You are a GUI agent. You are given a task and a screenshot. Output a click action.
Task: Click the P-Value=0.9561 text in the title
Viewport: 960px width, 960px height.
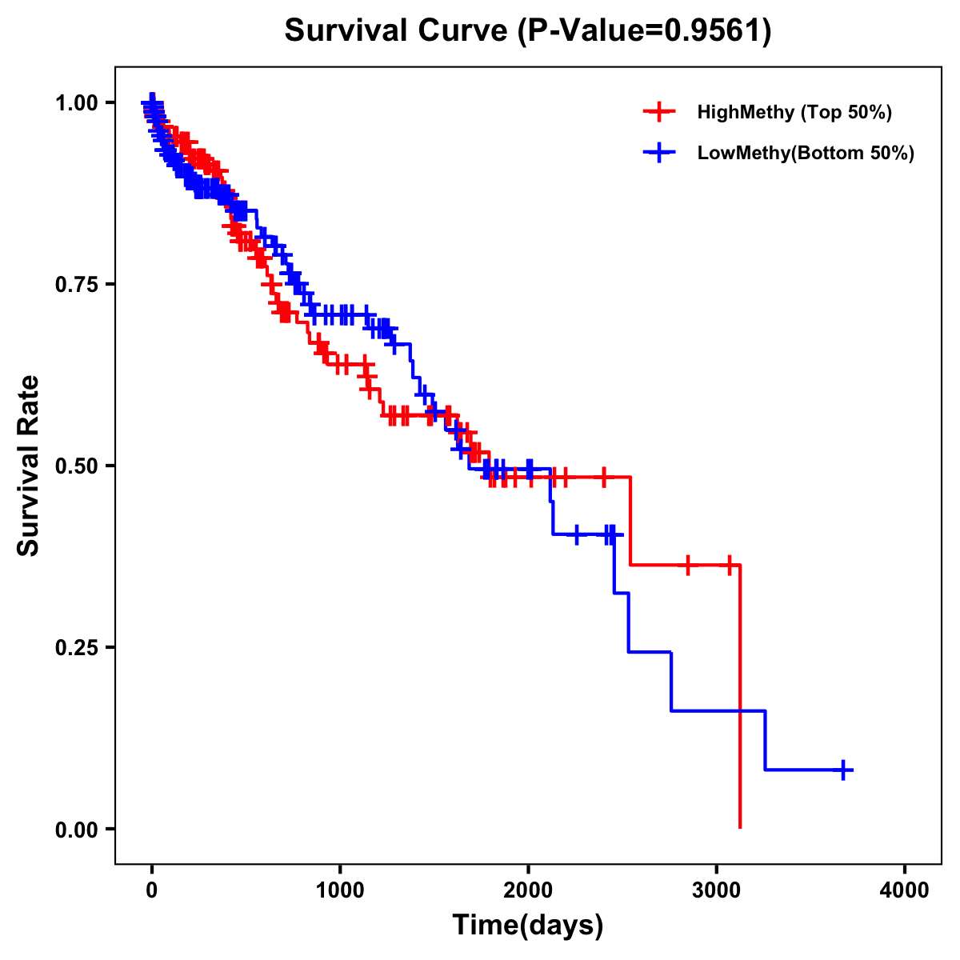tap(645, 32)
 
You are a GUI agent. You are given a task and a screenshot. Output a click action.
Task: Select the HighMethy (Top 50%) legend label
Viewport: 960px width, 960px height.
tap(794, 112)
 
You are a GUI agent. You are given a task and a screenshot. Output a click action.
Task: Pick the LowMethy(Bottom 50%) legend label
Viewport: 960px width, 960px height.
tap(806, 154)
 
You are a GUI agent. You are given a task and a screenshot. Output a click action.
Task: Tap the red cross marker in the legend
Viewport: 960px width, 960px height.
tap(659, 112)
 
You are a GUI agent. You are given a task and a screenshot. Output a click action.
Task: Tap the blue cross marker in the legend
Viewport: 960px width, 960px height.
tap(659, 154)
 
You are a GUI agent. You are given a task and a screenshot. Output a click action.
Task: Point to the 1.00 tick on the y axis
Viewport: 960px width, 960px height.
tap(78, 103)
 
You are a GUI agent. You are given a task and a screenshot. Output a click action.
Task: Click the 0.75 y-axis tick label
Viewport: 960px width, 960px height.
tap(78, 285)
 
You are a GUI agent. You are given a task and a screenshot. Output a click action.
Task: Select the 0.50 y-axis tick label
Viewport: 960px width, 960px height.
tap(78, 466)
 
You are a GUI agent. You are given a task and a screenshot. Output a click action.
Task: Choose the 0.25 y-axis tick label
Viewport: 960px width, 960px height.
tap(78, 648)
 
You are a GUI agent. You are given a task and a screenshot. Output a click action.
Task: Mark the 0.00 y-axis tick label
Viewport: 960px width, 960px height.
tap(78, 830)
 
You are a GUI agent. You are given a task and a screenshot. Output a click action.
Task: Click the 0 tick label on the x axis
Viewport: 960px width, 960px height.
tap(152, 890)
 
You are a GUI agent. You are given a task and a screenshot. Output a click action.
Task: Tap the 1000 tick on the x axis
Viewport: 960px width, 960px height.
tap(340, 890)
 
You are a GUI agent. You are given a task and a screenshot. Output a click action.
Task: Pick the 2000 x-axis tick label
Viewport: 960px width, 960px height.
tap(528, 890)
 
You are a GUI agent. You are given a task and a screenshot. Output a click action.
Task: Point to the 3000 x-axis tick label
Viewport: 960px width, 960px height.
tap(717, 890)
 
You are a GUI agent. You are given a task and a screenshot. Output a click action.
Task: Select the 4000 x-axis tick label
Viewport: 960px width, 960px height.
tap(905, 890)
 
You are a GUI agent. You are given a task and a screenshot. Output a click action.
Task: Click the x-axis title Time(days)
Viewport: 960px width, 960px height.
tap(528, 926)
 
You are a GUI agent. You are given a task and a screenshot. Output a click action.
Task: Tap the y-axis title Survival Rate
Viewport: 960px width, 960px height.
tap(29, 466)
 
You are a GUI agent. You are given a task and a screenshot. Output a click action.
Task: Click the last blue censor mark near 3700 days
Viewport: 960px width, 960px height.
tap(843, 770)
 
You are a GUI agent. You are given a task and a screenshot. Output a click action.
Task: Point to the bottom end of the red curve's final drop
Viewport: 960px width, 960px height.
tap(740, 826)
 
